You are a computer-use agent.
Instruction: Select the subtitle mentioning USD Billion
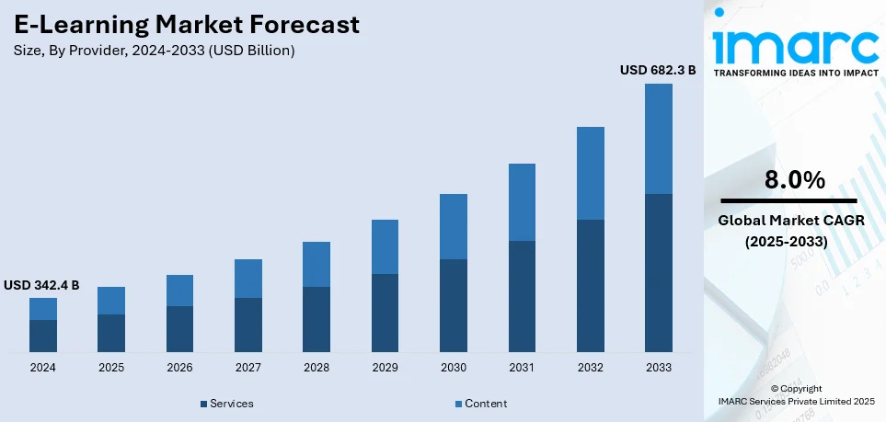(x=155, y=51)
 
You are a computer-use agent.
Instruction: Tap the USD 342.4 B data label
(x=41, y=286)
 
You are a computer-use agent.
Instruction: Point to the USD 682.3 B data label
(x=658, y=70)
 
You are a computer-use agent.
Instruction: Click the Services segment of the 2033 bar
(x=658, y=273)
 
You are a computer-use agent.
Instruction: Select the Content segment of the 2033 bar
(x=658, y=139)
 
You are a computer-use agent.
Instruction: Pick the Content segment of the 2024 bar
(x=43, y=309)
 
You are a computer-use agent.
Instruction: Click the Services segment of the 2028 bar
(x=316, y=319)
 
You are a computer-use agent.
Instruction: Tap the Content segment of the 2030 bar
(x=454, y=226)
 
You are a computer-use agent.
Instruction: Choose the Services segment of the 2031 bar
(x=522, y=296)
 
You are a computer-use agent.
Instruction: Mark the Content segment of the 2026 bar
(x=179, y=291)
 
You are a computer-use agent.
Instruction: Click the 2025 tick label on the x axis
(x=111, y=368)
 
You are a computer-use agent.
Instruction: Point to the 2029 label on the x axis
(x=385, y=368)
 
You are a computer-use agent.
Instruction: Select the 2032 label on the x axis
(x=590, y=368)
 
